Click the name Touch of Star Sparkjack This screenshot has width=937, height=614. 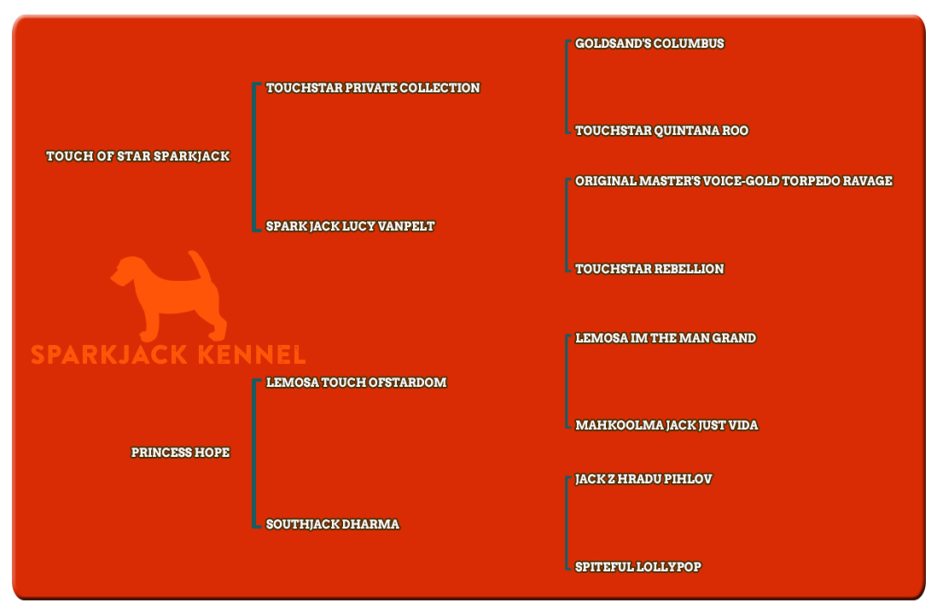[x=138, y=156]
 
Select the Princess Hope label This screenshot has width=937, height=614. [x=180, y=453]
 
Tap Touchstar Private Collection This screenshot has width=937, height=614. [x=373, y=88]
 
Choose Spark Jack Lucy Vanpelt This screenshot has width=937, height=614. [x=350, y=226]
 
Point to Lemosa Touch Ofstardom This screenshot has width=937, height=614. [x=356, y=383]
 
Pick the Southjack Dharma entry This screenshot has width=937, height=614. [x=332, y=524]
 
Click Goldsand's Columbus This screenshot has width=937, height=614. [x=649, y=44]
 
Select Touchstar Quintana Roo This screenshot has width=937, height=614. [x=661, y=131]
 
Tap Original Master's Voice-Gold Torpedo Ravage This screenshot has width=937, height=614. [x=734, y=181]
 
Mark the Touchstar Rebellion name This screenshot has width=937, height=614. [x=649, y=269]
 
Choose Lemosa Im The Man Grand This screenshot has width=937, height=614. [x=665, y=338]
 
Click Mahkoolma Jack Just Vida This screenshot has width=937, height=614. [x=666, y=425]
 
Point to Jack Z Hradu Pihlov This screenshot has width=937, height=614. [x=643, y=479]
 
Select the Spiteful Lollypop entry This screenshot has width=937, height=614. [x=637, y=567]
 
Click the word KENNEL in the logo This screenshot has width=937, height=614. [x=252, y=354]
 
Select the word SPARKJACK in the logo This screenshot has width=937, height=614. [x=109, y=354]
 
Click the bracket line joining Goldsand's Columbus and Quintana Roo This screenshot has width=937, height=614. [x=567, y=87]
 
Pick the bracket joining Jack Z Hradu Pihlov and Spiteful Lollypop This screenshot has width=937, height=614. [x=567, y=523]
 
